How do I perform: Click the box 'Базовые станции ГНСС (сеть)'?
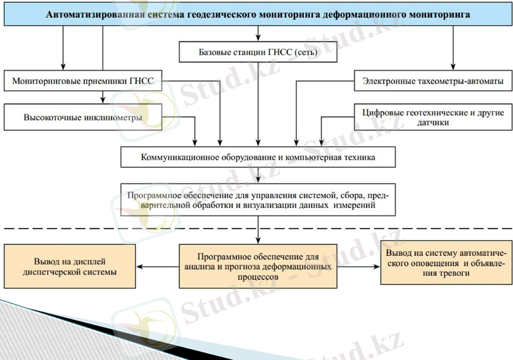click(258, 52)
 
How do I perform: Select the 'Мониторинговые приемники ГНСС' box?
click(83, 81)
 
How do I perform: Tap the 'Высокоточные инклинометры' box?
click(83, 118)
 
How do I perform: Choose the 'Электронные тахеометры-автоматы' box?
click(433, 81)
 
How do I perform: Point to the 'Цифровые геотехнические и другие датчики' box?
click(433, 117)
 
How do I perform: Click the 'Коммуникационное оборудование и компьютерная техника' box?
click(258, 157)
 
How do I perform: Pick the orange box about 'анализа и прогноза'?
click(258, 265)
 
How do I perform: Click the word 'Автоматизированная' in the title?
click(91, 13)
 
